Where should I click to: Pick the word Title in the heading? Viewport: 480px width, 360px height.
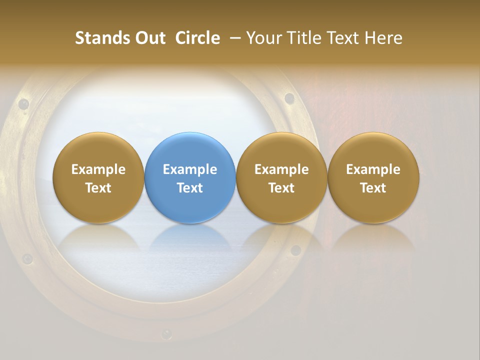click(x=305, y=38)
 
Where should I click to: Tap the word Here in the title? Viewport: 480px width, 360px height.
click(x=383, y=38)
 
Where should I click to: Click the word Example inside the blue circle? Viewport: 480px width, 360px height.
click(x=190, y=169)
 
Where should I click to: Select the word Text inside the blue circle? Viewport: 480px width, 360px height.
click(x=190, y=188)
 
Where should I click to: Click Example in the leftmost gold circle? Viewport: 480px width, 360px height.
click(x=98, y=169)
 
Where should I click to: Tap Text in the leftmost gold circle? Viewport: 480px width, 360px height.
click(x=98, y=188)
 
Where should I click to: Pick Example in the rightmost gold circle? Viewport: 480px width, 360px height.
click(x=373, y=169)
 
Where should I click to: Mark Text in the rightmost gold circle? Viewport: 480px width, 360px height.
click(x=373, y=188)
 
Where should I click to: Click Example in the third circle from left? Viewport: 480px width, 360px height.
click(x=281, y=169)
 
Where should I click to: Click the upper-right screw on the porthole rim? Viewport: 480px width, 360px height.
click(x=289, y=97)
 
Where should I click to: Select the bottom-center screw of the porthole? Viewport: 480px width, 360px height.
click(x=166, y=333)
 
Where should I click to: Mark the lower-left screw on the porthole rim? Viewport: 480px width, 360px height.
click(x=27, y=259)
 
